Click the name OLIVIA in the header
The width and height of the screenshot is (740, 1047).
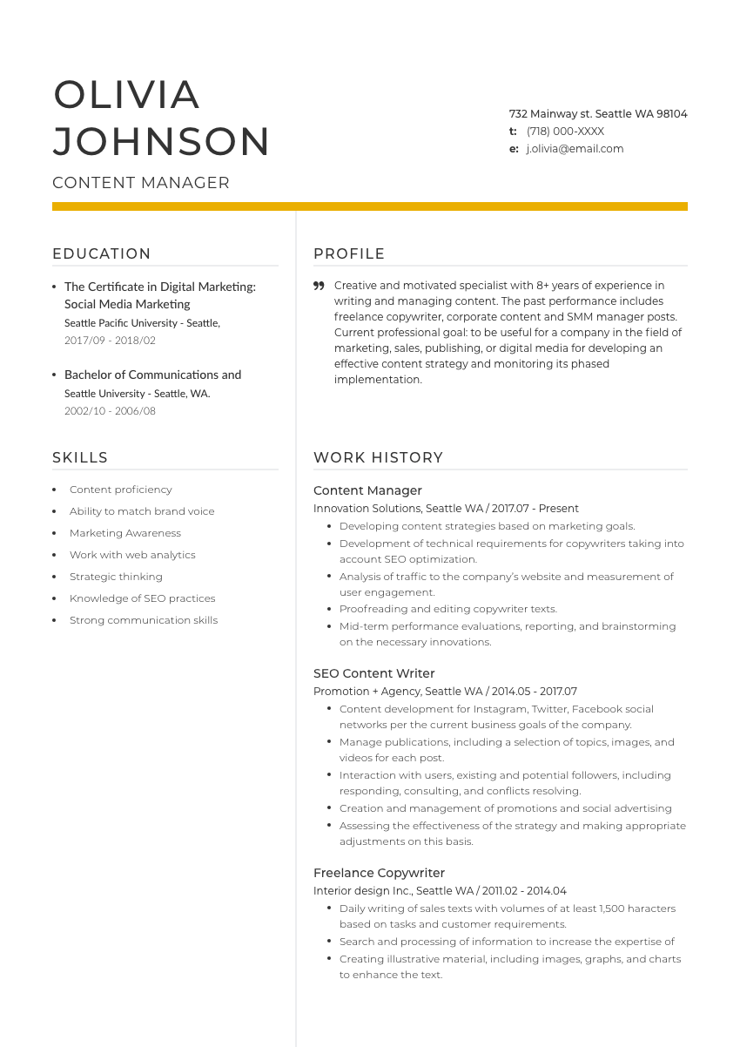(127, 95)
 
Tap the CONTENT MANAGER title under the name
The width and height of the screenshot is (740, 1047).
(141, 183)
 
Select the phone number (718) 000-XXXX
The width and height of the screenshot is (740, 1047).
(565, 132)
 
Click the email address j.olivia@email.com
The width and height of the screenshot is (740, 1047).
(575, 149)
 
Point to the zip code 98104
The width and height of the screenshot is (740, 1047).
(672, 114)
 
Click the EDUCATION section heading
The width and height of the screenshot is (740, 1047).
(102, 253)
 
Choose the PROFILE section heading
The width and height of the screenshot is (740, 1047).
(349, 253)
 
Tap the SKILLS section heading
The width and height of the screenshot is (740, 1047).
(80, 457)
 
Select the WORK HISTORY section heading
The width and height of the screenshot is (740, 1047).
(379, 457)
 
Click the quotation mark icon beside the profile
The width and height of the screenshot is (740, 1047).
(319, 286)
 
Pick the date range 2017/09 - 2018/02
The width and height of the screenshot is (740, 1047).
(110, 341)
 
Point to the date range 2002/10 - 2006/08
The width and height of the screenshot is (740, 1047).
(110, 411)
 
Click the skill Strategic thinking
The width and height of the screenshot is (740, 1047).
(116, 577)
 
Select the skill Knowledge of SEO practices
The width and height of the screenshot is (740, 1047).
(142, 598)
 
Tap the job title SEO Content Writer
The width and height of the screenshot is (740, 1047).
(373, 673)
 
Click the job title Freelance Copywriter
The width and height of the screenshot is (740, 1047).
(379, 873)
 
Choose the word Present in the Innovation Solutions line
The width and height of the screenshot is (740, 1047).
(559, 509)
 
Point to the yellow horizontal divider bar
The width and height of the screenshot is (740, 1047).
(370, 206)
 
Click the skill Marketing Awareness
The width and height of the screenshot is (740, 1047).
(125, 533)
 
